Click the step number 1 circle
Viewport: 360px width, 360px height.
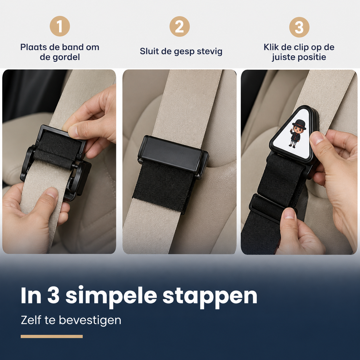click(x=60, y=26)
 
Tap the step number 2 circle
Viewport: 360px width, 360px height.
click(x=179, y=26)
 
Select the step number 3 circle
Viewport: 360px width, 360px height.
click(x=299, y=27)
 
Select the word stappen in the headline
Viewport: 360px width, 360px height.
click(x=210, y=297)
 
